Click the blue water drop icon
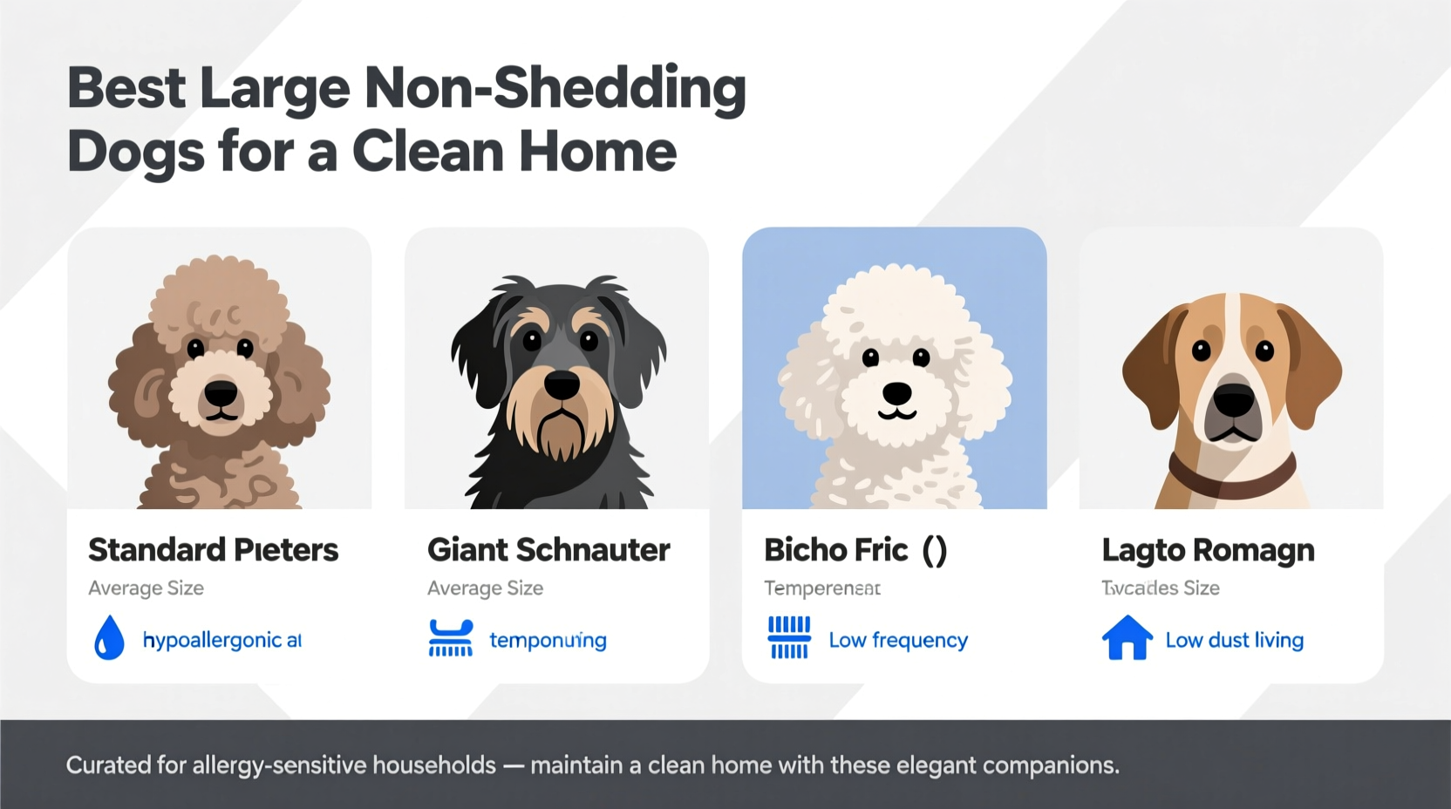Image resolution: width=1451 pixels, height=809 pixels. (109, 638)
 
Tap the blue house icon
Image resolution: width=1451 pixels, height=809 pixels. (1127, 638)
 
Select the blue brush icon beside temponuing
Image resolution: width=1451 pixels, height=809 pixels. (450, 638)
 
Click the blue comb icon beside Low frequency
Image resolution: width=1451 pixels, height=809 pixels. (789, 638)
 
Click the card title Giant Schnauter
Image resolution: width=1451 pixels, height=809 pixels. (548, 550)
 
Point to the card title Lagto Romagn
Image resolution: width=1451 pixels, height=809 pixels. (1208, 550)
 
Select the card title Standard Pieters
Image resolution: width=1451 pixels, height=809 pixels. (213, 550)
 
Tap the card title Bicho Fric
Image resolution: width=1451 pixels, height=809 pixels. (836, 550)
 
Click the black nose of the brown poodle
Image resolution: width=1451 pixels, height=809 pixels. (221, 394)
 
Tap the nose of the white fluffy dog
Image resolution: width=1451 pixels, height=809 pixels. (897, 394)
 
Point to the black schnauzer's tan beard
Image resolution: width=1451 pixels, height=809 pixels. (561, 427)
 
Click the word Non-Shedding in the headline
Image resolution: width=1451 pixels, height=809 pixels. (555, 89)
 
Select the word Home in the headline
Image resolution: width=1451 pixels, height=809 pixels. (597, 152)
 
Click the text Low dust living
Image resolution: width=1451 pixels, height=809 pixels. (1234, 640)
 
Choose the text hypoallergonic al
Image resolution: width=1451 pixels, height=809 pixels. (221, 640)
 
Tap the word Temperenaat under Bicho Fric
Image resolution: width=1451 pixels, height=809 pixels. (821, 588)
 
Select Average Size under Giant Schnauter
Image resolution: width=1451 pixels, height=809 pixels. (485, 588)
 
